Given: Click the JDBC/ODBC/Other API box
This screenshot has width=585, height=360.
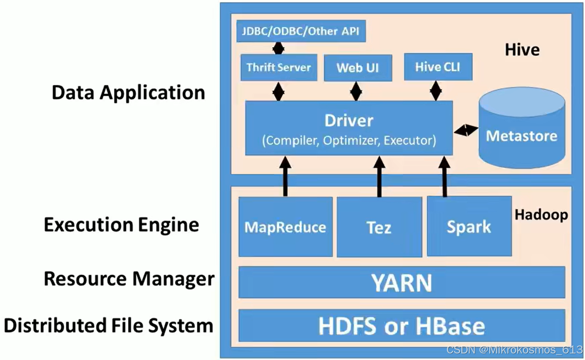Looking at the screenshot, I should click(300, 32).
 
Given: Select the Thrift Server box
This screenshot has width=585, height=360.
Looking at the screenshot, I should click(279, 68).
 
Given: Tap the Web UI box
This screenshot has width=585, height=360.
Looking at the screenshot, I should click(357, 68).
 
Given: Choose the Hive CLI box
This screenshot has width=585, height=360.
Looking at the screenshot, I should click(438, 67).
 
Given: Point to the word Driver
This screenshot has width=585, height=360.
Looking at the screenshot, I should click(349, 121).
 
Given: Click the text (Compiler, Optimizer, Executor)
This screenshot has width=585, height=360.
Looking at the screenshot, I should click(349, 140).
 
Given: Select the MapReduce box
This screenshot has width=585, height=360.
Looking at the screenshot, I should click(286, 227).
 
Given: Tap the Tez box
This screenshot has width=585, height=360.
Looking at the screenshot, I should click(379, 228).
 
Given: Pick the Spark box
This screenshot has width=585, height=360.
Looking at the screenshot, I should click(469, 227).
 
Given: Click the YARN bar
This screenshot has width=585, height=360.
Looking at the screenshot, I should click(401, 283).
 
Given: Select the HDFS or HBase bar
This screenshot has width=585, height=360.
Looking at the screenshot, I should click(401, 325).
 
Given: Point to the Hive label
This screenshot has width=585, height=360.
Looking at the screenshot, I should click(522, 50).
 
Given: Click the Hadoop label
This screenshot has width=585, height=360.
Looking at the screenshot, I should click(541, 215).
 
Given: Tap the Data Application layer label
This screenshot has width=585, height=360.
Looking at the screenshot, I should click(128, 93).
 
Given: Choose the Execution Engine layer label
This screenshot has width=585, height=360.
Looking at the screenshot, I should click(121, 225).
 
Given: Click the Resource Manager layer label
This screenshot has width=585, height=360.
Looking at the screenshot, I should click(129, 279).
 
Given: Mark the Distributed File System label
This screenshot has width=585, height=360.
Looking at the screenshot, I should click(108, 325).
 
